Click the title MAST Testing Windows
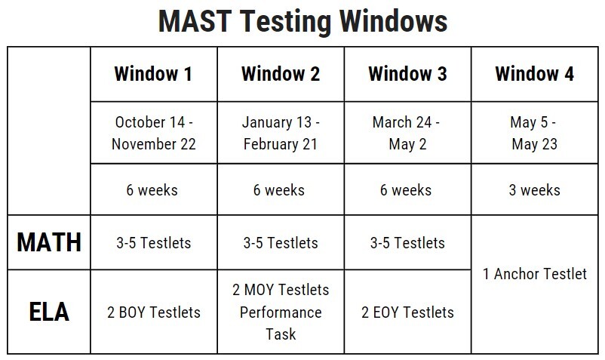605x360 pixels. pos(302,21)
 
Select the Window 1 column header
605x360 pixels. pos(153,74)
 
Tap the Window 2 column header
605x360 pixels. pos(281,74)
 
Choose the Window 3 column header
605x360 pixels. pos(407,74)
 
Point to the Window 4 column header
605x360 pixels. pos(534,74)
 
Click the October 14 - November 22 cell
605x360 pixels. pos(153,133)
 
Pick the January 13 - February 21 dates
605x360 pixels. pos(281,133)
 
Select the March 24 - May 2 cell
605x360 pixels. pos(407,133)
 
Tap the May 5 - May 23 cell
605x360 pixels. pos(534,133)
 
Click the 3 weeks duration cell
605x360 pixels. pos(534,189)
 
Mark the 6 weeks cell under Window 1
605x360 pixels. pos(153,189)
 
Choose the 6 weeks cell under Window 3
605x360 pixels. pos(407,189)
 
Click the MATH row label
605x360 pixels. pos(49,243)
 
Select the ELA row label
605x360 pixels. pos(49,312)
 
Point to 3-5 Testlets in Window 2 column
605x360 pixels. pos(281,243)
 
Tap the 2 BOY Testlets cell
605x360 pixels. pos(153,312)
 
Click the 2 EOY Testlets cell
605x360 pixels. pos(407,312)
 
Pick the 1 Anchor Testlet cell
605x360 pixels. pos(534,274)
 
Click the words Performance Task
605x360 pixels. pos(281,323)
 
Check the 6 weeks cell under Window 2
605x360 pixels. pos(281,189)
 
